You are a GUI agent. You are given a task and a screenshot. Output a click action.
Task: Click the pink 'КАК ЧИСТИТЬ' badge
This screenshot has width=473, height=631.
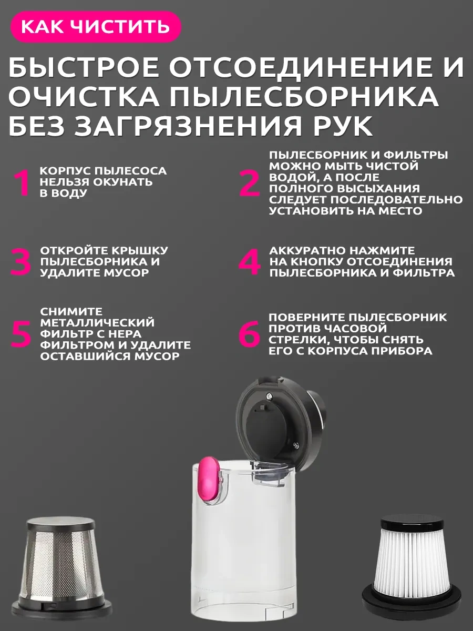tap(96, 26)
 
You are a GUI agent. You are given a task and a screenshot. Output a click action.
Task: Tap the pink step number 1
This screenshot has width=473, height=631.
tap(22, 182)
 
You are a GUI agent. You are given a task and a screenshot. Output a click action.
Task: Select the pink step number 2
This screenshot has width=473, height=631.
tap(249, 183)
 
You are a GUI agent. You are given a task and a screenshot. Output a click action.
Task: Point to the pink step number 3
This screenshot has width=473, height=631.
tap(20, 261)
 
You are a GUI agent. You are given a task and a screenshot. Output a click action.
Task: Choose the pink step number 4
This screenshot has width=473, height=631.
tap(250, 261)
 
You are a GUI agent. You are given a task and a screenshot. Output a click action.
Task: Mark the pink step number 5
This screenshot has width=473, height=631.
tap(20, 333)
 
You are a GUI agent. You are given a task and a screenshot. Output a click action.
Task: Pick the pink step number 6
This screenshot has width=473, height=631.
tap(249, 333)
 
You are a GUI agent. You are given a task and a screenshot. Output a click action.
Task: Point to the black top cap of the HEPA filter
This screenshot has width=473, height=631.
tap(412, 525)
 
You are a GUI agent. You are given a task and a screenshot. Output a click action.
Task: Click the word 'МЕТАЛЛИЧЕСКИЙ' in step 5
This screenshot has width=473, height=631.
tap(97, 322)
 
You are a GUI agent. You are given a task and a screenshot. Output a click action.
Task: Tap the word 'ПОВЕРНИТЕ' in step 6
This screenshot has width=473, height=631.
tap(307, 318)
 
